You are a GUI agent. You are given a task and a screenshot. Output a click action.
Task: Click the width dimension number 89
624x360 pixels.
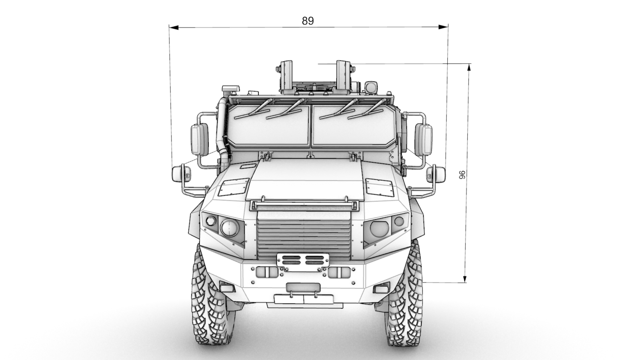[308, 21]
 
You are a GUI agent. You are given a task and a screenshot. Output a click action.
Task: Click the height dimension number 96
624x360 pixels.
[462, 175]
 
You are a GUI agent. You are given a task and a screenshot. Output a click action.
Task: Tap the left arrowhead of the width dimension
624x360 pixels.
[174, 28]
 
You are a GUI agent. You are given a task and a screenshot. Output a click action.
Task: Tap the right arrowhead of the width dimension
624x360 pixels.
[443, 27]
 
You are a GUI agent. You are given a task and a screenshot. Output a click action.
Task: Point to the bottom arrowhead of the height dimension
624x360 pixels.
[465, 278]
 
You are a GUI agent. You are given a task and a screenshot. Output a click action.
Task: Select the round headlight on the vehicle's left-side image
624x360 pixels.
[229, 228]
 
